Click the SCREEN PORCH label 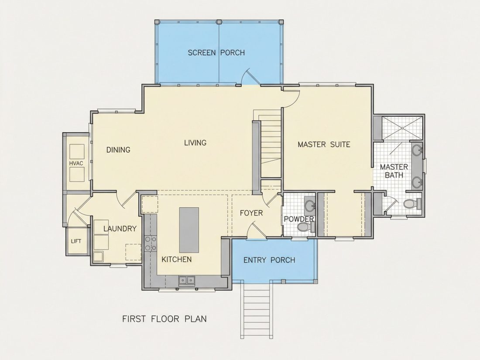[x=216, y=53]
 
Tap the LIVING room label [x=195, y=143]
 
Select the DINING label [x=118, y=150]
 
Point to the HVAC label [x=76, y=163]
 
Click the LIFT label [x=76, y=241]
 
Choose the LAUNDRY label [x=120, y=229]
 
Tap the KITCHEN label [x=177, y=260]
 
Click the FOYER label [x=251, y=213]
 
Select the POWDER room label [x=299, y=219]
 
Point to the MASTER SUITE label [x=324, y=144]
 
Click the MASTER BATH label [x=394, y=171]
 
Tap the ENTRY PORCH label [x=269, y=260]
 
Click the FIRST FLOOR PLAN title [x=165, y=319]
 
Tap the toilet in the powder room [x=305, y=227]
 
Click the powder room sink [x=310, y=205]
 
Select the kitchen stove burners [x=151, y=243]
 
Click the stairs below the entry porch [x=257, y=310]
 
